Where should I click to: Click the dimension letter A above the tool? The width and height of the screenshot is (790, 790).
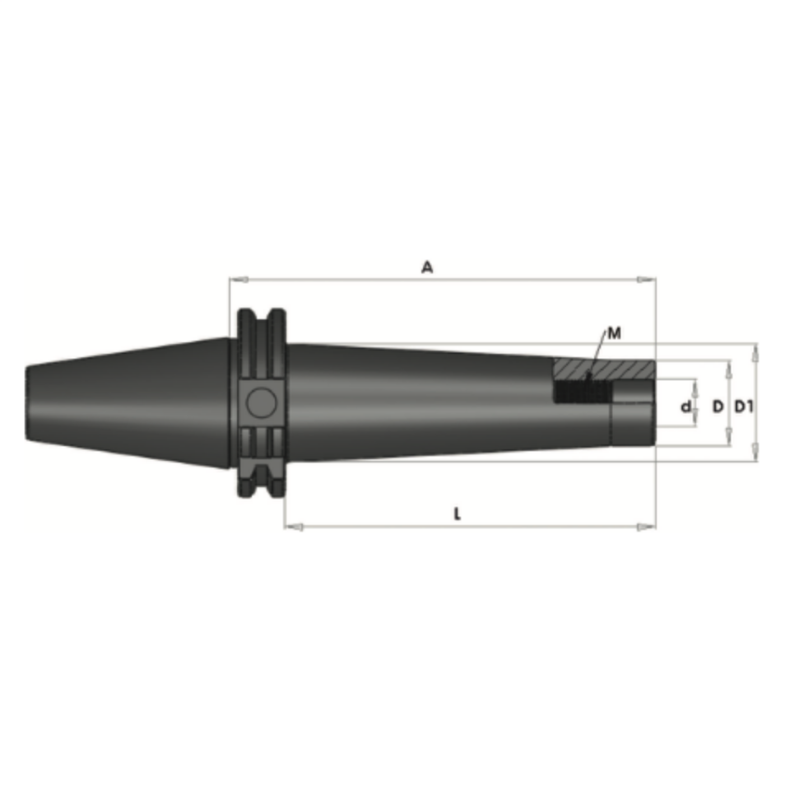point(426,267)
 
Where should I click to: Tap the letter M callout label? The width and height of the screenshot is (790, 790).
point(614,333)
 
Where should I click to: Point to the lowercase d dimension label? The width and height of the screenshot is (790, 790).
point(685,406)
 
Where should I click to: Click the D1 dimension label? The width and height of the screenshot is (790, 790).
point(744,406)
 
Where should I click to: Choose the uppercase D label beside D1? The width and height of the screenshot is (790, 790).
point(718,406)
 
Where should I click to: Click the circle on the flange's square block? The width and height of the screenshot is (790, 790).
point(262,402)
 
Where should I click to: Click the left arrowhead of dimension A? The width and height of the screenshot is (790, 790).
point(235,280)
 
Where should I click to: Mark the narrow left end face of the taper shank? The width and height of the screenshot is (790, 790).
point(29,402)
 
